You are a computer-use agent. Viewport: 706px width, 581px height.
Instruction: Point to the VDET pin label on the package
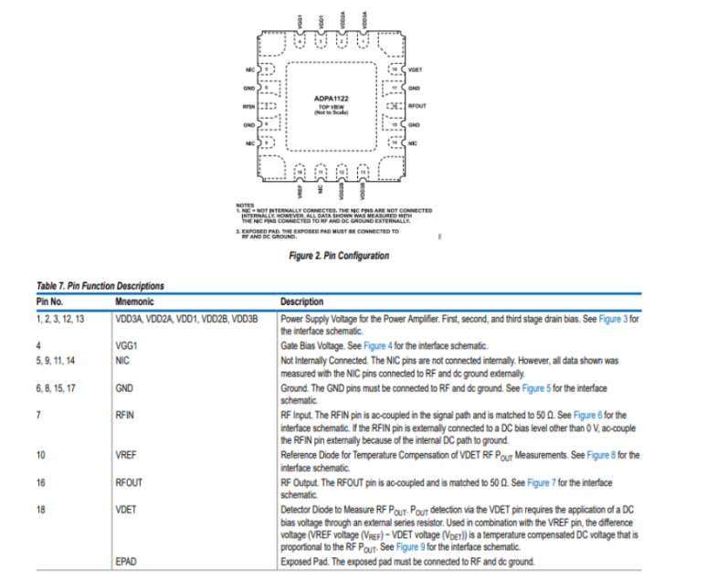[416, 69]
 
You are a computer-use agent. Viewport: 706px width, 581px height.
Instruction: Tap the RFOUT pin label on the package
[418, 106]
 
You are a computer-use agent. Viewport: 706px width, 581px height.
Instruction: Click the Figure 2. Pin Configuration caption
[337, 255]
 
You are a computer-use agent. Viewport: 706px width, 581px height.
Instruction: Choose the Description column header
[302, 301]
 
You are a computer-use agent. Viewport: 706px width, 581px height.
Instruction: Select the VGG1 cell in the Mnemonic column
[126, 347]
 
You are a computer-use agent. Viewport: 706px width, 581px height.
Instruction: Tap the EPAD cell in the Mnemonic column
[126, 560]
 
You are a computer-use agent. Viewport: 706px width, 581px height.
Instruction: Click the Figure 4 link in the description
[377, 347]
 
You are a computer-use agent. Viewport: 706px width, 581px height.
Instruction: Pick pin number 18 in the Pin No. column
[41, 510]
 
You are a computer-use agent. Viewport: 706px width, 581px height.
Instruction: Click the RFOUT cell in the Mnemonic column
[129, 482]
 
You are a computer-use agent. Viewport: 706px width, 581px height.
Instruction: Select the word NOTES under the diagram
[244, 204]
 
